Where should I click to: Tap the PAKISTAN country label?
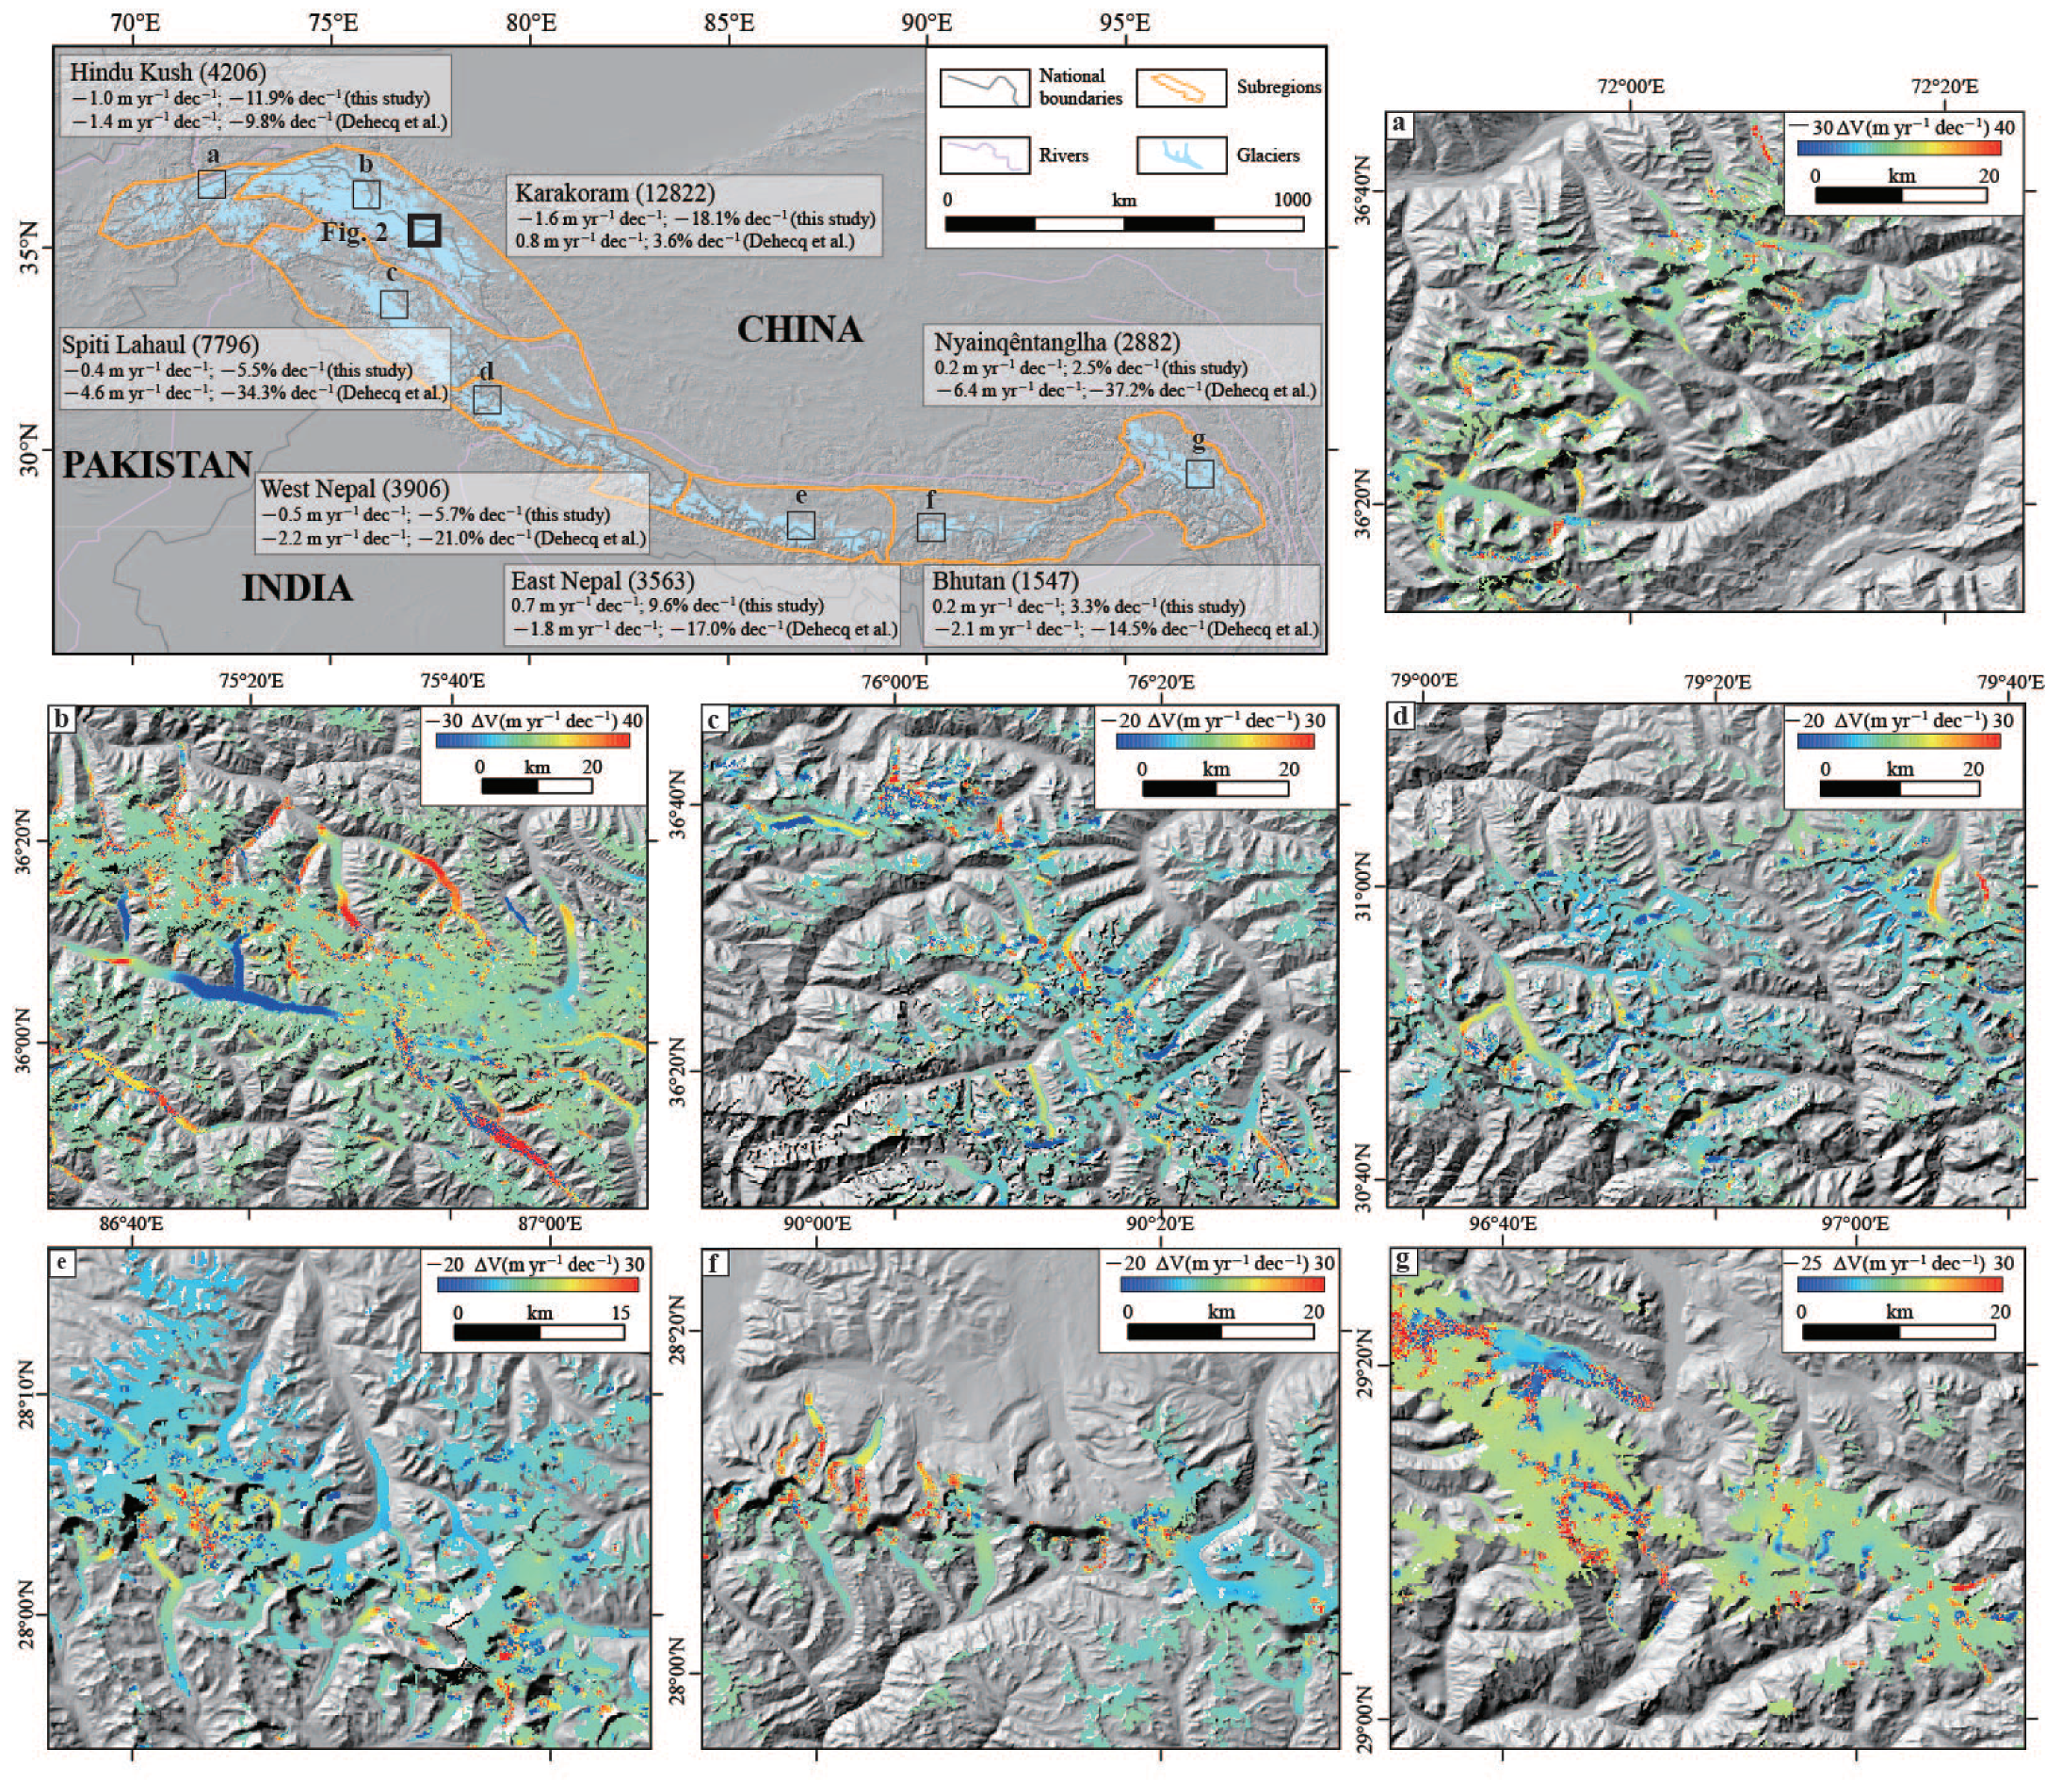[157, 464]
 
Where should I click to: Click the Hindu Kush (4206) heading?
[167, 73]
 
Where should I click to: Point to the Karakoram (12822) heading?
[614, 193]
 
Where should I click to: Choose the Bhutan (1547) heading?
[1005, 580]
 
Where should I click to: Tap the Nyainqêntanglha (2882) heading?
[1056, 343]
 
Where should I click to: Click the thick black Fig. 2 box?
[425, 231]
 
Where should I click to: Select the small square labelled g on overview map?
[1199, 473]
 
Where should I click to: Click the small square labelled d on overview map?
[487, 399]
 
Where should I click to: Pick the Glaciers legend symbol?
[1181, 156]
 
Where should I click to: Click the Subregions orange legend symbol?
[1181, 89]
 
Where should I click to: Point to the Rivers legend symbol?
[984, 156]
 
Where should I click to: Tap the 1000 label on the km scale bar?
[1291, 200]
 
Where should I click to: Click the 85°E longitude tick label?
[729, 22]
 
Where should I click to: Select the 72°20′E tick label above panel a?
[1942, 88]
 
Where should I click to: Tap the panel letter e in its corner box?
[62, 1262]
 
